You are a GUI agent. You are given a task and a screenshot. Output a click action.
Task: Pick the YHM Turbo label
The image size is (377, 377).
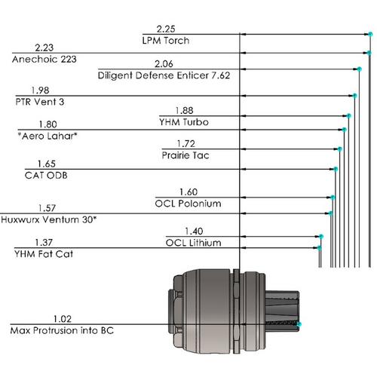[184, 121]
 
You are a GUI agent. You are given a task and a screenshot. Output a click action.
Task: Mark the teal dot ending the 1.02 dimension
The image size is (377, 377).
[299, 324]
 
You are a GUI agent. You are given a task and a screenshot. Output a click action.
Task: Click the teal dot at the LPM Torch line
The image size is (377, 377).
[370, 35]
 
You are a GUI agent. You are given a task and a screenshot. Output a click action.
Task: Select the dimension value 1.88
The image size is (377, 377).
[184, 109]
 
